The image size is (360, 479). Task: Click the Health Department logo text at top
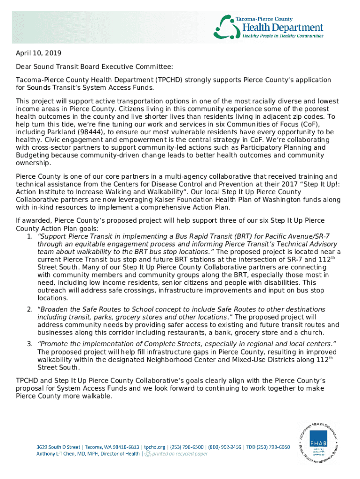(282, 28)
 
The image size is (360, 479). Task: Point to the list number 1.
(29, 237)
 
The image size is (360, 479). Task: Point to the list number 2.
(29, 310)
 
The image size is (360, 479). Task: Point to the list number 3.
(29, 345)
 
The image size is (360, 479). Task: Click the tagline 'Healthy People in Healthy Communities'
(282, 36)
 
